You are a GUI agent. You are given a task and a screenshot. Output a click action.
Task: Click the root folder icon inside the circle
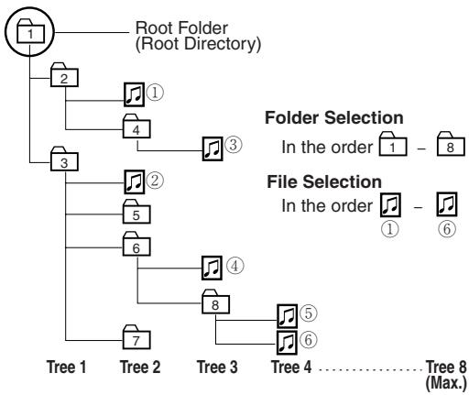[30, 31]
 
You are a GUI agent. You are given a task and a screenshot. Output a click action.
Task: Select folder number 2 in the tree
[64, 75]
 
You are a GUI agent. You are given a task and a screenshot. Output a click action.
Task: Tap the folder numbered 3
[64, 159]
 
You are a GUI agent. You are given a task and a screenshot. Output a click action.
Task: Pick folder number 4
[136, 126]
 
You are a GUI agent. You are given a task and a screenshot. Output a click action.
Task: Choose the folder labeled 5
[136, 212]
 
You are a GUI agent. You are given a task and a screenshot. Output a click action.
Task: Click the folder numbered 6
[136, 244]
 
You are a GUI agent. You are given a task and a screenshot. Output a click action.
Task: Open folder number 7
[136, 337]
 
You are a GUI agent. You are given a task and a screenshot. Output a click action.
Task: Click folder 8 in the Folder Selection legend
[451, 144]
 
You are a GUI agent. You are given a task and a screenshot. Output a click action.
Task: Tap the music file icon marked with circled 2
[135, 182]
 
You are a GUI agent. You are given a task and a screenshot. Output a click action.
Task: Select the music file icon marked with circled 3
[213, 148]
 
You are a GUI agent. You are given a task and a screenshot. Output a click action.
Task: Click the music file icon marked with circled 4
[212, 268]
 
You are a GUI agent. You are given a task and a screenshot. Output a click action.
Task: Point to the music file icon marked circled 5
[287, 316]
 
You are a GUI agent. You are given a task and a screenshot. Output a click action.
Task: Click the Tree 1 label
[66, 367]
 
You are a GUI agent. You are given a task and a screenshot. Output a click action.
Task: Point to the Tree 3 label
[217, 367]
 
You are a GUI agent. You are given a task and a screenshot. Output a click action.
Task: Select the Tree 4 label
[291, 367]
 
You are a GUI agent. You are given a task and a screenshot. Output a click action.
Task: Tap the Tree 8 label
[446, 367]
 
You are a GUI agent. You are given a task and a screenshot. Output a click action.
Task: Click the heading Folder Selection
[334, 117]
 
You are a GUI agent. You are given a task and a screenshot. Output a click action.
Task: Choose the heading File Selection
[324, 181]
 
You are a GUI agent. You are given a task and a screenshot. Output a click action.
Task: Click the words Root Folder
[181, 28]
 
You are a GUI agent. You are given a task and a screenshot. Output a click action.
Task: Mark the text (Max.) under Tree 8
[446, 382]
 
